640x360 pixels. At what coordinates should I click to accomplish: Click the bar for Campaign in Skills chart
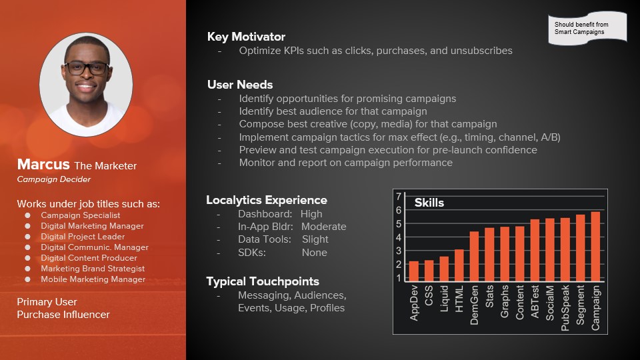(595, 247)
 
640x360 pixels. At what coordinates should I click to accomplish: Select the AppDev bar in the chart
(413, 271)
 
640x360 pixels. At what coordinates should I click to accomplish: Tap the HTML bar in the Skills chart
(459, 265)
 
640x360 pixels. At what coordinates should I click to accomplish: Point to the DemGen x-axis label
(474, 305)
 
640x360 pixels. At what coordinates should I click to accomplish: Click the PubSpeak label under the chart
(565, 308)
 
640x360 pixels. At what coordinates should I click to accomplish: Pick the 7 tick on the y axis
(399, 196)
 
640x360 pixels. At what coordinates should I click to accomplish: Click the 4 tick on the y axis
(399, 237)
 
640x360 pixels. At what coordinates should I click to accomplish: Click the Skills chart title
(429, 203)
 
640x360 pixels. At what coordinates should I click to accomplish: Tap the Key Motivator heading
(246, 37)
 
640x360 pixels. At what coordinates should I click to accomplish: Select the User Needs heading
(240, 85)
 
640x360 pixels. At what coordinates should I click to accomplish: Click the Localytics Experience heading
(267, 200)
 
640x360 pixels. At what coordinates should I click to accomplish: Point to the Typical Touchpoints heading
(263, 281)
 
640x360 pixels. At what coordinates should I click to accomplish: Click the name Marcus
(43, 164)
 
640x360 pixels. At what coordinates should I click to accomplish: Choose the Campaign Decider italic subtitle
(54, 179)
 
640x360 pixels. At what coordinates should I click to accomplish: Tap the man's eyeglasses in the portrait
(87, 68)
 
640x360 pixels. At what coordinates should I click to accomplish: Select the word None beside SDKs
(314, 253)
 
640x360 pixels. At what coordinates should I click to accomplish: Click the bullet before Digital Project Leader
(27, 237)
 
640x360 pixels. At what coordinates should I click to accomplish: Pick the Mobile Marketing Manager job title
(93, 279)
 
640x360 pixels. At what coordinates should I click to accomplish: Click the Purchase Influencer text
(63, 315)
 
